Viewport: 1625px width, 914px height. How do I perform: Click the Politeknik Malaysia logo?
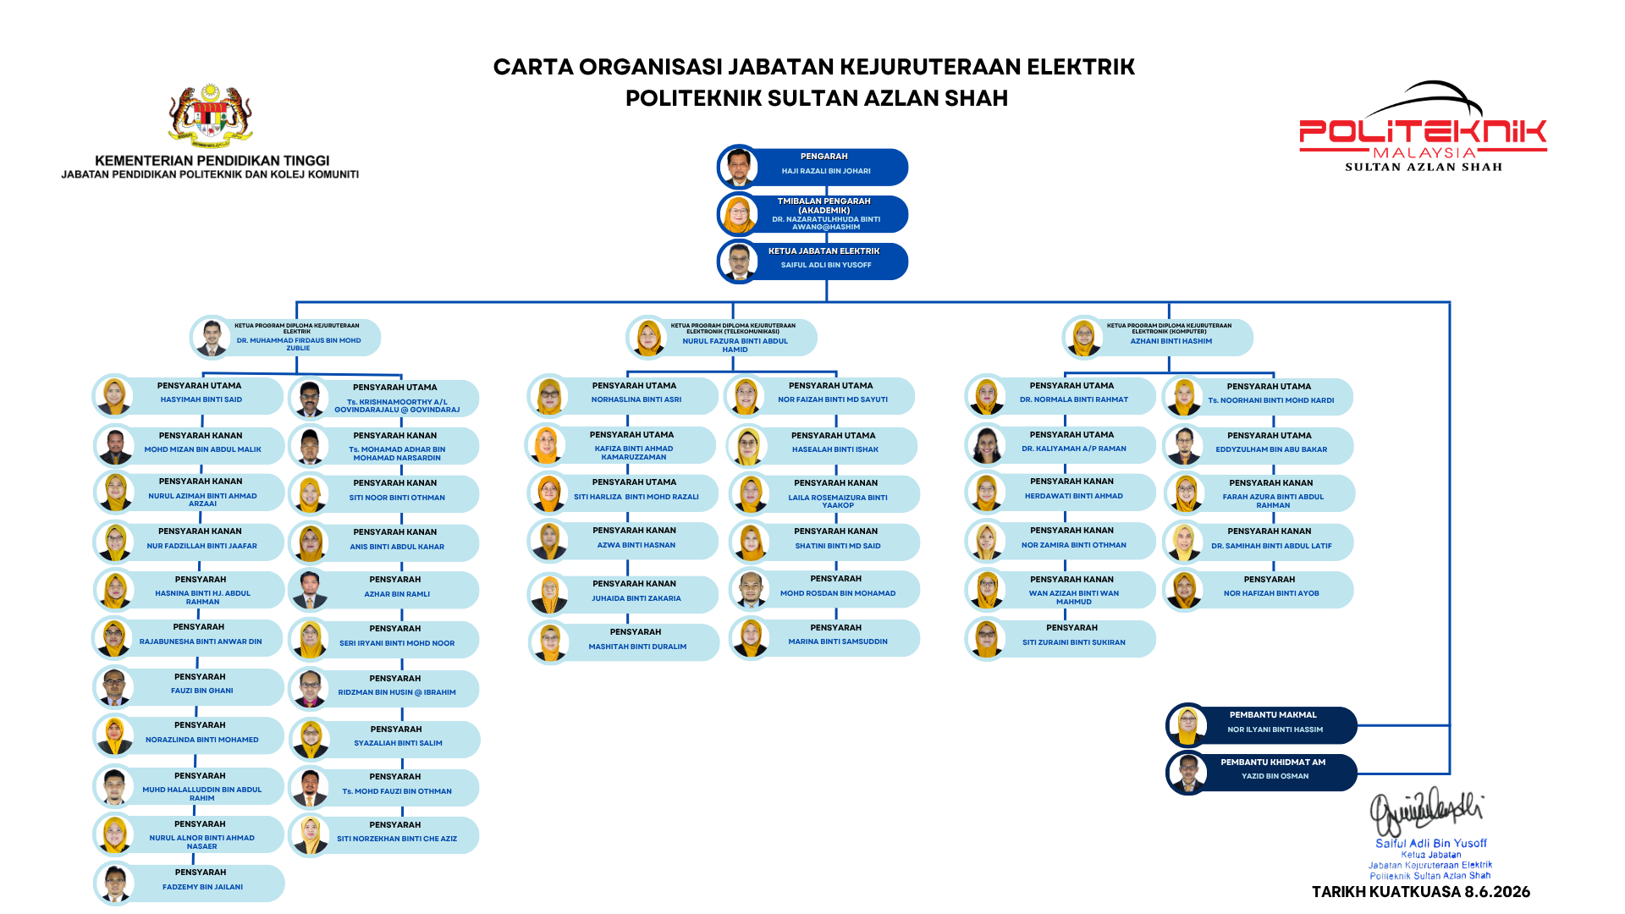[1423, 127]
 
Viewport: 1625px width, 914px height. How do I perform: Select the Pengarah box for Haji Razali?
[813, 167]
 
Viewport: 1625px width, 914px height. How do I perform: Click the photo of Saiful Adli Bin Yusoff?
[739, 262]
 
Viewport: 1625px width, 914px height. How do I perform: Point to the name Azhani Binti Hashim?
[1171, 341]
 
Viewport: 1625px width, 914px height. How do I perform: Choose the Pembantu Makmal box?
[1262, 725]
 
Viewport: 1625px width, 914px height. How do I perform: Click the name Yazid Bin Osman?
[1275, 776]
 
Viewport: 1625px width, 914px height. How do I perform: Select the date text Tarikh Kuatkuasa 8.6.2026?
[1421, 892]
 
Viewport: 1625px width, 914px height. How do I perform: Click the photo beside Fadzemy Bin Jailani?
[114, 884]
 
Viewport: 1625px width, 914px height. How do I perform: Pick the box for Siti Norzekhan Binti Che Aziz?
[384, 834]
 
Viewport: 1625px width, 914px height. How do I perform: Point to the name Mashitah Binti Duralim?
[637, 647]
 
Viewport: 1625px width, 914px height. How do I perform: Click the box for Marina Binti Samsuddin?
[824, 638]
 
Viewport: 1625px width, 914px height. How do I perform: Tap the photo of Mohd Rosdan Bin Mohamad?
[750, 590]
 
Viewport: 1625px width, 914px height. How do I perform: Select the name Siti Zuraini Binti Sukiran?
[1073, 642]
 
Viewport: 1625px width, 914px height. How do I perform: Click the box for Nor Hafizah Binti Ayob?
[1259, 590]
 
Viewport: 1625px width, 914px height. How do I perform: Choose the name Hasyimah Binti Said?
[201, 399]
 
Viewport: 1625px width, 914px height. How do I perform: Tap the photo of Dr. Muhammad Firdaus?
[211, 337]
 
